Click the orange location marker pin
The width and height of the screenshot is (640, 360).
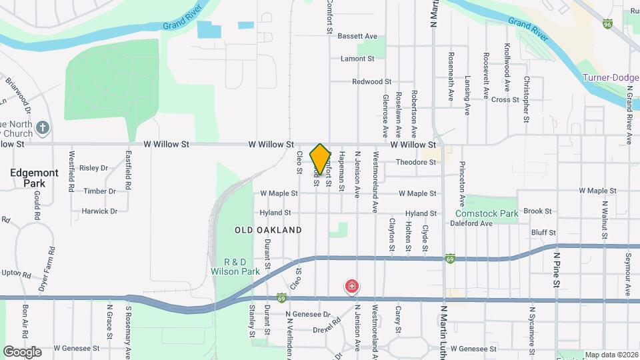[x=321, y=159]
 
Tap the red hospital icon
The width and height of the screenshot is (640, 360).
[x=351, y=287]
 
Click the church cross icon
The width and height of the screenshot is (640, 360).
[x=43, y=127]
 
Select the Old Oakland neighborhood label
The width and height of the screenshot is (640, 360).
[x=268, y=230]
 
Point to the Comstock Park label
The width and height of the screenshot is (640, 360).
[x=487, y=214]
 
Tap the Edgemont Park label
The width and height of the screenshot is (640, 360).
[x=34, y=177]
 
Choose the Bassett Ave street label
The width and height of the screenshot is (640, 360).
[x=357, y=36]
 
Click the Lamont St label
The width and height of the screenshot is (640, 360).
[x=357, y=59]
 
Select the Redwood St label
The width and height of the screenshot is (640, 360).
[x=372, y=81]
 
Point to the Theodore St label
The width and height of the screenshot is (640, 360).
[x=416, y=162]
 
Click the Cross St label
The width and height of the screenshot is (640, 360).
[x=505, y=100]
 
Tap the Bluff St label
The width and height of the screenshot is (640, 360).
[x=543, y=232]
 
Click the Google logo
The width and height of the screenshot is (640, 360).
[x=22, y=351]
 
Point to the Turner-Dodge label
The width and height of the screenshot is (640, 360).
[x=610, y=77]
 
